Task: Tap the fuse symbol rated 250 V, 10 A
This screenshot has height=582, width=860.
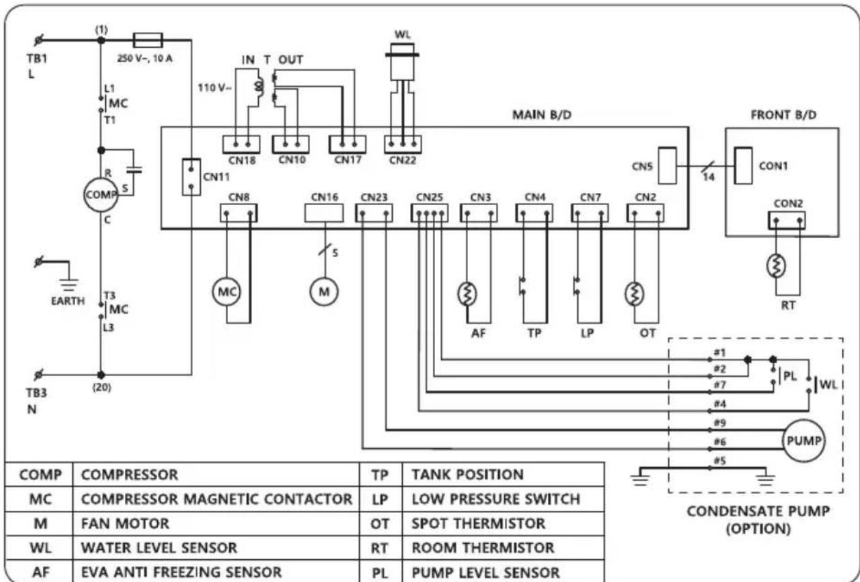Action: tap(148, 40)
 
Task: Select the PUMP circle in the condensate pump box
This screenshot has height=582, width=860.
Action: tap(803, 440)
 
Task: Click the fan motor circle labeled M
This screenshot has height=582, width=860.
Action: tap(324, 291)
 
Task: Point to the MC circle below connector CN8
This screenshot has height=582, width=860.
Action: tap(227, 291)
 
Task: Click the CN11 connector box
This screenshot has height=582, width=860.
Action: tap(191, 177)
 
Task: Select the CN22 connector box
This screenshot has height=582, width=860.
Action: tap(403, 144)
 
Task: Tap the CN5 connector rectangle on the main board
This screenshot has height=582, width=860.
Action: tap(667, 166)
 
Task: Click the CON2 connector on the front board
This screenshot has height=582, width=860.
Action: tap(787, 221)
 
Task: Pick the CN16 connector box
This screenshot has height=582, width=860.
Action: tap(324, 213)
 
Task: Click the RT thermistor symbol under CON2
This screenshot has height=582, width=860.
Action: tap(776, 266)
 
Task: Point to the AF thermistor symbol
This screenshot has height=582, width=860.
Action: tap(467, 294)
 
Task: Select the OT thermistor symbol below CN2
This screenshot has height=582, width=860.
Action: tap(635, 294)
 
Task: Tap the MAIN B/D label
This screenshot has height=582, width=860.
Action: tap(542, 115)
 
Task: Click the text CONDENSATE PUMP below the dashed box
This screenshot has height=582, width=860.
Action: tap(758, 512)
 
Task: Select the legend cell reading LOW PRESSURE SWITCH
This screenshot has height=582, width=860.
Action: tap(496, 499)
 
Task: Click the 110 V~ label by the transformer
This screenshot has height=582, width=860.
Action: tap(215, 88)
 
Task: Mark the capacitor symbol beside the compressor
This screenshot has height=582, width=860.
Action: tap(134, 170)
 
